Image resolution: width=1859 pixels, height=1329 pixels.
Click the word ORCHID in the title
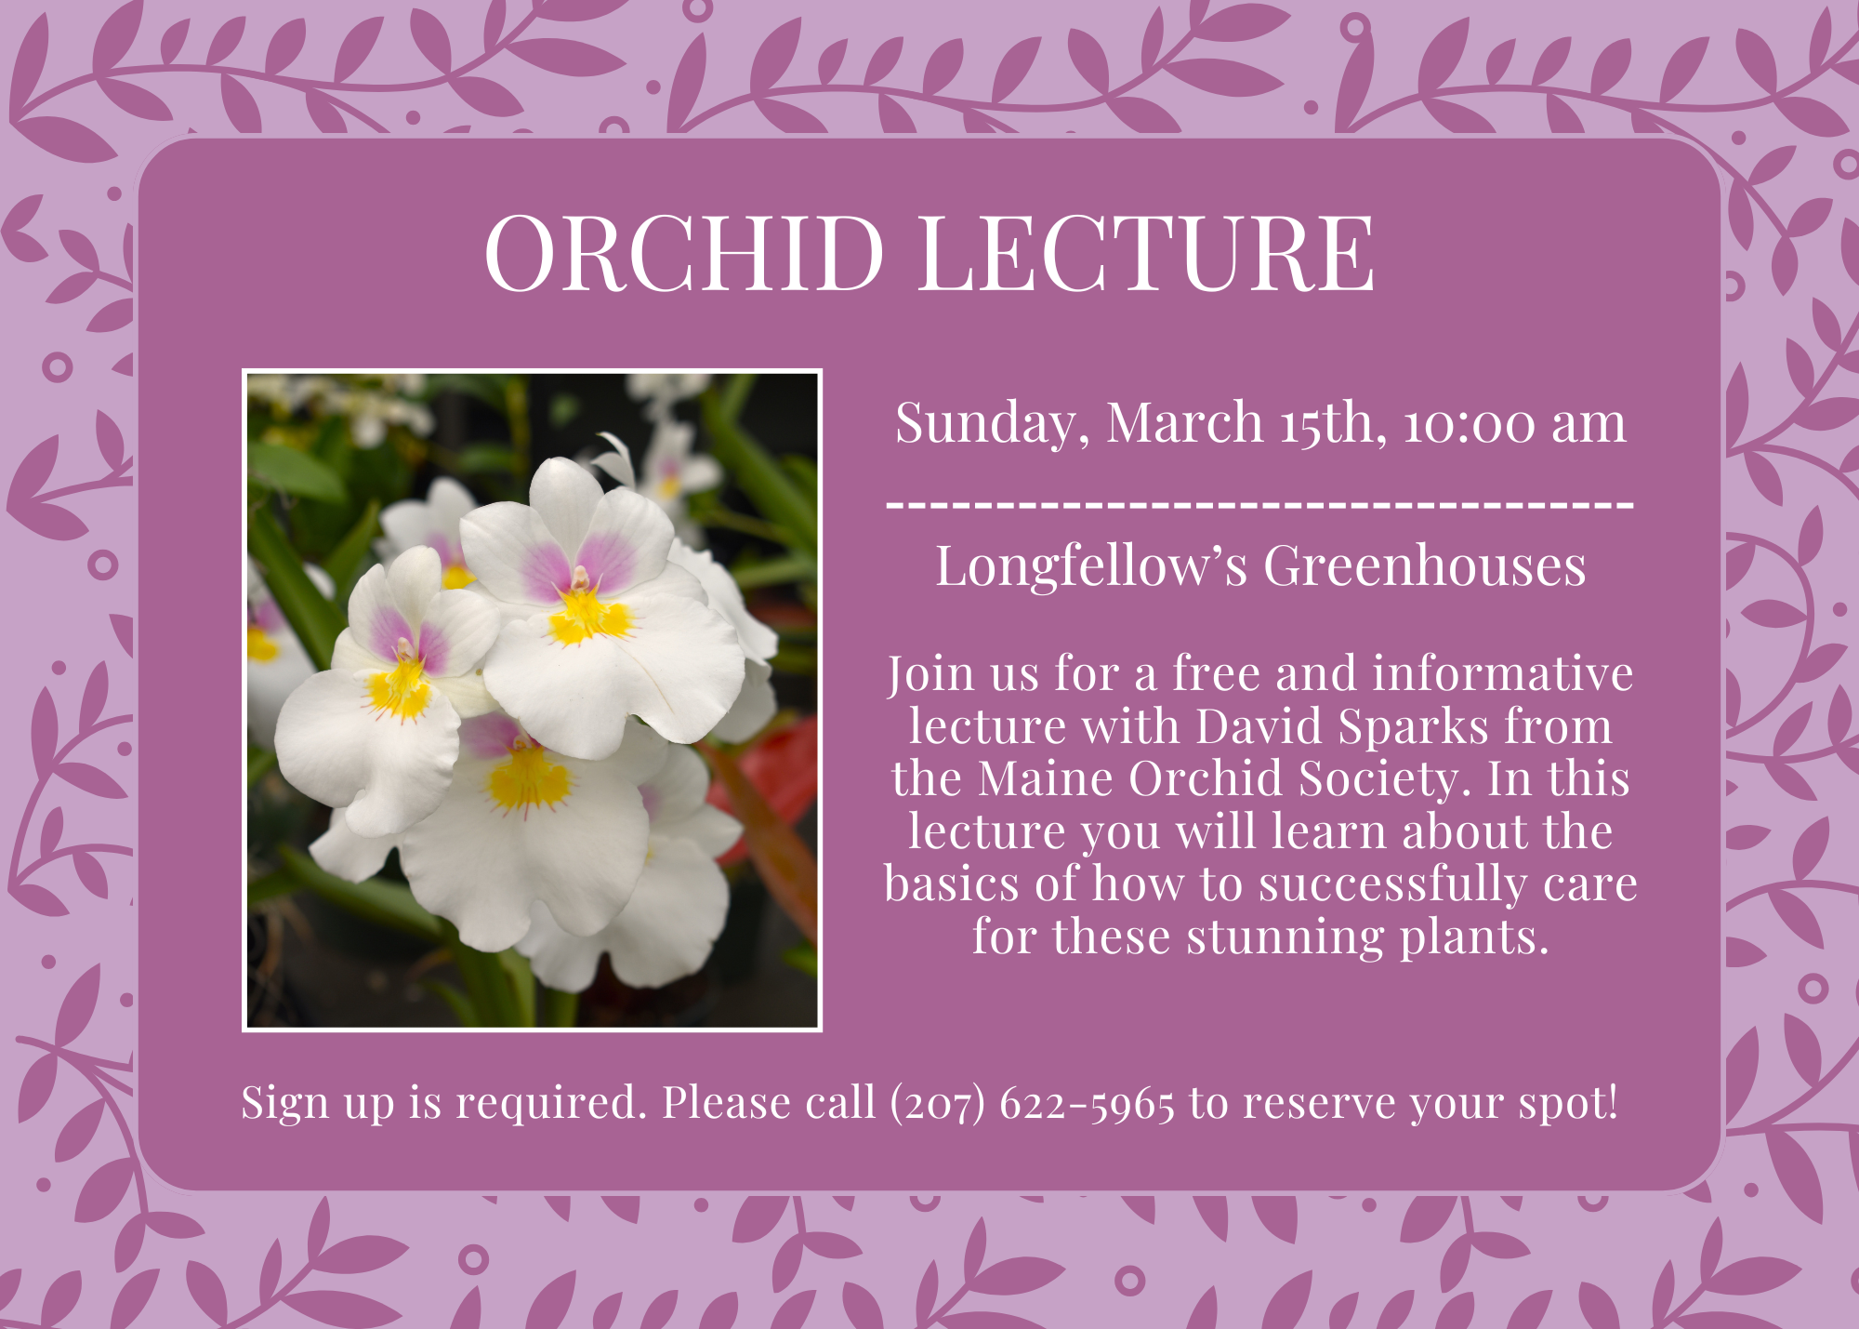[683, 252]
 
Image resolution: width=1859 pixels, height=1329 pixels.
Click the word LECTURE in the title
[1147, 252]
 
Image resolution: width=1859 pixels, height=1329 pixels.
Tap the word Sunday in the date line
[992, 424]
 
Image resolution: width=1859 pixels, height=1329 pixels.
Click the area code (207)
[936, 1103]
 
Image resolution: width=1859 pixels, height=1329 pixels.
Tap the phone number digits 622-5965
[1087, 1103]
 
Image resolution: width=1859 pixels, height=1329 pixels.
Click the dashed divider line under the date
[1260, 504]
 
